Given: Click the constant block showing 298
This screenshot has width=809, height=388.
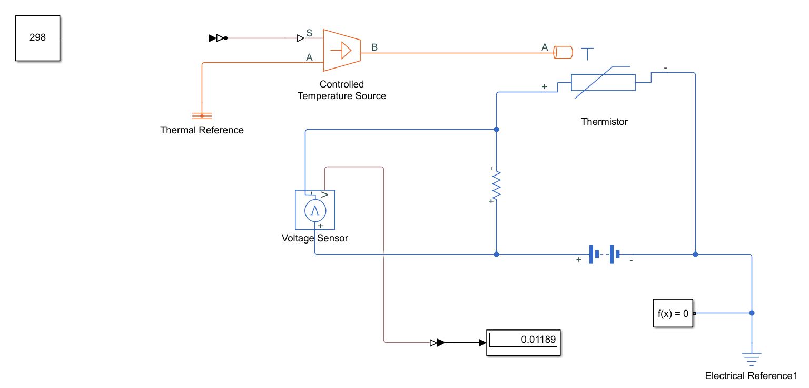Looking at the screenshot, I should [37, 38].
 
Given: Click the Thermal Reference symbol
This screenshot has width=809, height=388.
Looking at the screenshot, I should [202, 115].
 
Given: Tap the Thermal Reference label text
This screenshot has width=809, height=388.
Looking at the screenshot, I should [202, 130].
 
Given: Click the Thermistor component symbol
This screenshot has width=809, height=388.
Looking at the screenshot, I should [603, 82].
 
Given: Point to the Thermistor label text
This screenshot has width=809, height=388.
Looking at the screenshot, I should [604, 122].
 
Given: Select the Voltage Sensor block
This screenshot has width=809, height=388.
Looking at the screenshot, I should [315, 210].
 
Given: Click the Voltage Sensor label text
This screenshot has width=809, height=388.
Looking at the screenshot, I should [315, 238].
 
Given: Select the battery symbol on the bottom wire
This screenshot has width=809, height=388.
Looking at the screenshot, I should [604, 254].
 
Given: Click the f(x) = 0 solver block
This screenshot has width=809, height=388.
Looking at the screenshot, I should [673, 313].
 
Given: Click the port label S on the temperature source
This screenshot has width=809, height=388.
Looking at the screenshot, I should [309, 33].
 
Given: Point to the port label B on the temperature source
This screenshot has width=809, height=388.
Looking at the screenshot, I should [374, 47].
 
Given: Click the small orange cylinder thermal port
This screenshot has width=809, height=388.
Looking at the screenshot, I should [563, 52].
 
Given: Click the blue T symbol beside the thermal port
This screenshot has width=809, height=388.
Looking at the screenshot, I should [587, 53].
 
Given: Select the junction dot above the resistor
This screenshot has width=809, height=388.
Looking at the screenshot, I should [496, 129].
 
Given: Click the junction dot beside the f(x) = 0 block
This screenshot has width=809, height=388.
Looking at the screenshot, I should [752, 313].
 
